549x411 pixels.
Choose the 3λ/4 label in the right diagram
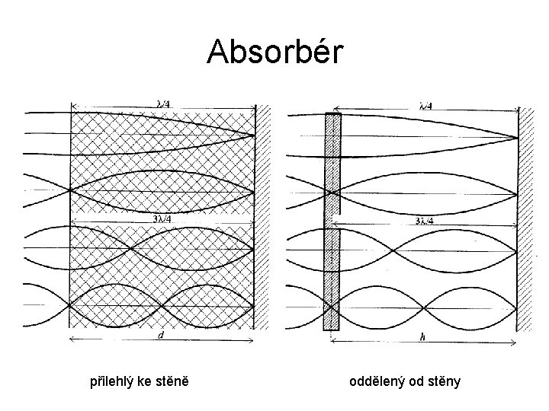point(425,221)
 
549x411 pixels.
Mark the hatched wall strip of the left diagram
point(264,221)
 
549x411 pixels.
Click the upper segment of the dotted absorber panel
point(332,164)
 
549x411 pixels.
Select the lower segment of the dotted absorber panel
point(331,278)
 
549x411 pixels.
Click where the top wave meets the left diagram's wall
point(255,135)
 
